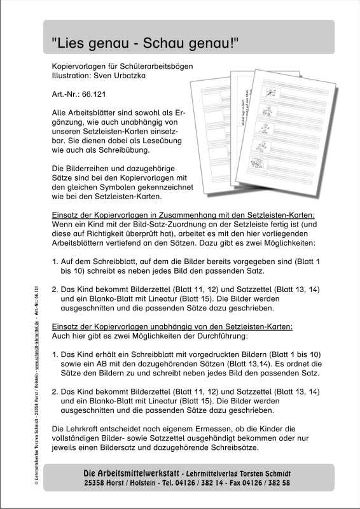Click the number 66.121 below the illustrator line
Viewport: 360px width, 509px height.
91,94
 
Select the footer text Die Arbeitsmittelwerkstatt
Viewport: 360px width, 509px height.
131,473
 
